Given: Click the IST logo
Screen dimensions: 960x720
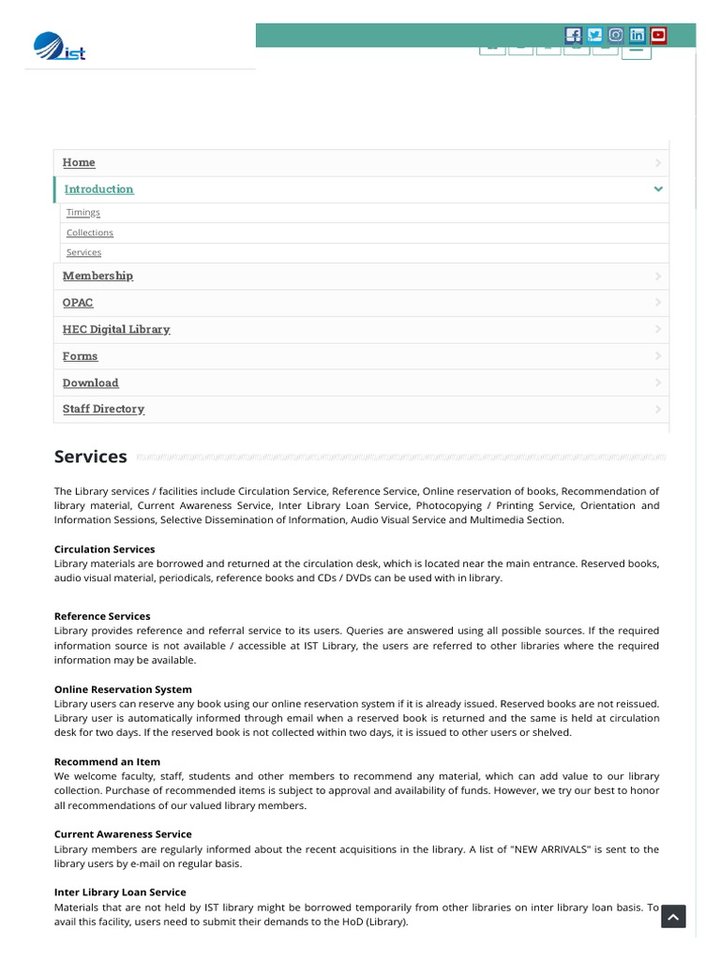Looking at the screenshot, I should tap(59, 46).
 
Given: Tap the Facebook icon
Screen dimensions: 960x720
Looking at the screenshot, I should tap(573, 36).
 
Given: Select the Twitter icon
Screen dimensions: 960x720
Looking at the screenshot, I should tap(594, 36).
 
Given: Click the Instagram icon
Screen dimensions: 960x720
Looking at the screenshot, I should tap(616, 36).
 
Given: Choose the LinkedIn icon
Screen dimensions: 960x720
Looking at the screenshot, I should tap(637, 36).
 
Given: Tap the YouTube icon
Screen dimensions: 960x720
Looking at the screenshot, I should tap(658, 36).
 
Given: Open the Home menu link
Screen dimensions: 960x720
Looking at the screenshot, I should tap(79, 162).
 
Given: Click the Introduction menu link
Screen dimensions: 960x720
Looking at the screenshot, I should tap(98, 189).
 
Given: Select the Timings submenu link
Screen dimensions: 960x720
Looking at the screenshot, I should tap(82, 213).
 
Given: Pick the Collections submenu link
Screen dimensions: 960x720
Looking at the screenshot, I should tap(89, 232).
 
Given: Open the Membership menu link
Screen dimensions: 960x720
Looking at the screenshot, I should tap(97, 276).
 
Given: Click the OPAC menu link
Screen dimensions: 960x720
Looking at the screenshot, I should tap(78, 303).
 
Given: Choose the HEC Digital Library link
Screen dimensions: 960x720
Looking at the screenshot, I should tap(116, 329).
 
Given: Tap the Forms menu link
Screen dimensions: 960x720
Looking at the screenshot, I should tap(80, 356).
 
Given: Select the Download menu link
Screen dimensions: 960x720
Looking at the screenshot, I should tap(90, 382).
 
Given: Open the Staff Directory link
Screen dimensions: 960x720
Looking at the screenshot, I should tap(103, 409).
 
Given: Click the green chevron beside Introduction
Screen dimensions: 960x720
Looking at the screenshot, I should tap(658, 189).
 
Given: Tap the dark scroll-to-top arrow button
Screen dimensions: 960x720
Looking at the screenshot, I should tap(673, 916).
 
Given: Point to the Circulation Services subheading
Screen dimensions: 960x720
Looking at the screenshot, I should tap(104, 549).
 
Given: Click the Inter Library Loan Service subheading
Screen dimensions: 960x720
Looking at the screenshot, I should tap(120, 892).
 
